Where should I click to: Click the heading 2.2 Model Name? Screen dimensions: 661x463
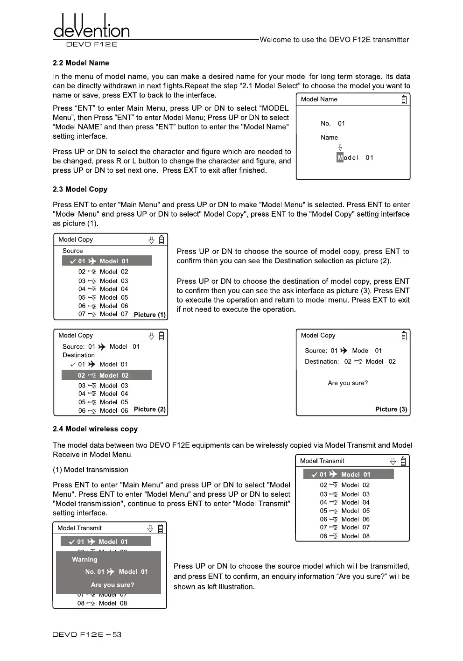81,63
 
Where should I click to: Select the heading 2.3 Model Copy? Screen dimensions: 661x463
80,190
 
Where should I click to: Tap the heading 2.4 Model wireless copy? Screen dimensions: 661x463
95,429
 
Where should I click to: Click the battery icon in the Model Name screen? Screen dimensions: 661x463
404,99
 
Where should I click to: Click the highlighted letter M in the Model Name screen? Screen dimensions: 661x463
340,158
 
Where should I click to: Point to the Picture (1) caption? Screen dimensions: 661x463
150,315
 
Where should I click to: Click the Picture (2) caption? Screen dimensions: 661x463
150,409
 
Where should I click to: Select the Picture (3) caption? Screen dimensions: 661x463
391,409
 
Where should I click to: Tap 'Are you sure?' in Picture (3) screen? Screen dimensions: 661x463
348,383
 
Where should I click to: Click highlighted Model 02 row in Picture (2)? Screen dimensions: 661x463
107,375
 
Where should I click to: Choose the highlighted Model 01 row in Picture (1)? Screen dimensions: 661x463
107,261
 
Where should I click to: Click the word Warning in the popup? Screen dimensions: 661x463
84,560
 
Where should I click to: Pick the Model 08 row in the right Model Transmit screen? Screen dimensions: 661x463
345,536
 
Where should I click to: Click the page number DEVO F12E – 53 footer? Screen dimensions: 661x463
87,635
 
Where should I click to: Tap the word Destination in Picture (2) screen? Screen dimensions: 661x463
78,355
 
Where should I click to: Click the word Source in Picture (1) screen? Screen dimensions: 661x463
72,251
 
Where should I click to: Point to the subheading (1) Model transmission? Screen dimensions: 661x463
91,470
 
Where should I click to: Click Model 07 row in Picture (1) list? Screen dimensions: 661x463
103,314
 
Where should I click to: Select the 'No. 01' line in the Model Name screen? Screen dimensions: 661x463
333,124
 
